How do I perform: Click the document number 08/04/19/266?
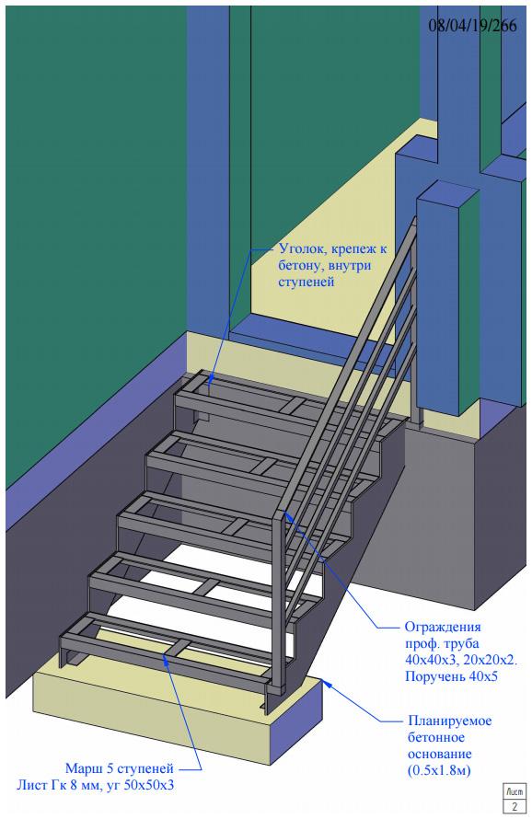(x=472, y=26)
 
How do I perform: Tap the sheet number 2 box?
(x=515, y=805)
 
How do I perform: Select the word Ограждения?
(x=443, y=627)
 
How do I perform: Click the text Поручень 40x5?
(x=451, y=677)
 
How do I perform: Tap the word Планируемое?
(x=449, y=721)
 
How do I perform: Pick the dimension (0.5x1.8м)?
(x=439, y=770)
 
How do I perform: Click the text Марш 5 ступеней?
(x=119, y=769)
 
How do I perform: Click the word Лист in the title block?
(x=515, y=791)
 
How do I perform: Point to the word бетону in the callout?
(x=298, y=266)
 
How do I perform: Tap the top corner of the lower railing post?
(x=282, y=510)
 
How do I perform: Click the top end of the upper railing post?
(x=415, y=217)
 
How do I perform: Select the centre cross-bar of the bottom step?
(x=177, y=647)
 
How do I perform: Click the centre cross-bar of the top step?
(x=292, y=403)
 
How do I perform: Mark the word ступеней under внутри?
(x=306, y=283)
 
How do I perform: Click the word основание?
(x=440, y=754)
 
